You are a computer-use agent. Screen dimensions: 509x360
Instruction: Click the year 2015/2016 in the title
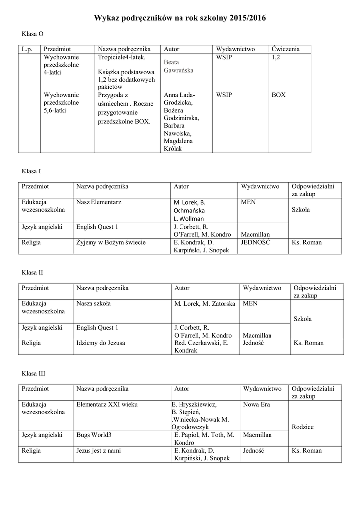(248, 18)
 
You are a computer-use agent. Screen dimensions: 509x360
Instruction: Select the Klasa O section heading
(32, 34)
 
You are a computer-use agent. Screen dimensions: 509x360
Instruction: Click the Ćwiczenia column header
(285, 49)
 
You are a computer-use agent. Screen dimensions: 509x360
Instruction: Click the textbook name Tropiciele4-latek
(121, 58)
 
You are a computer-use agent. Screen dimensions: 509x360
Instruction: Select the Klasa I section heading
(31, 171)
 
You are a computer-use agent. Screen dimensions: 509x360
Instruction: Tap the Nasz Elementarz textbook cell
(99, 202)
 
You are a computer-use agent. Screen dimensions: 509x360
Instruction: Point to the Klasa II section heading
(32, 272)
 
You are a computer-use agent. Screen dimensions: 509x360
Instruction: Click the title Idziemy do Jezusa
(100, 343)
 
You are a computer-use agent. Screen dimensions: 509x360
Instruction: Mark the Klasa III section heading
(33, 373)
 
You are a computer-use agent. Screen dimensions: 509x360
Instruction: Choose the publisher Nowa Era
(256, 404)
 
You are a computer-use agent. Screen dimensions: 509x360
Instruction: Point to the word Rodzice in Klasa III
(303, 427)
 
